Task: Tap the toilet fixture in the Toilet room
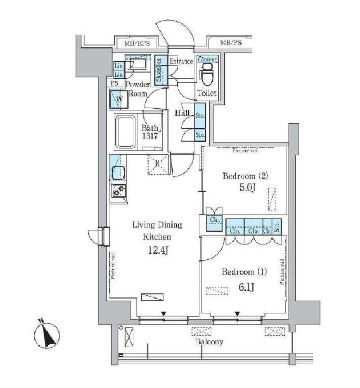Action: point(207,75)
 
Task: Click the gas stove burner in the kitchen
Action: point(119,191)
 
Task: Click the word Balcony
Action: point(209,342)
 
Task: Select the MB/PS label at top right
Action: point(231,43)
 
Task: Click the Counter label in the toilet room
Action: point(207,59)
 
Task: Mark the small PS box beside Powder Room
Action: point(115,83)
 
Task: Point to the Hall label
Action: point(181,113)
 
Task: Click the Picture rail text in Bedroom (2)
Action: point(245,150)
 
